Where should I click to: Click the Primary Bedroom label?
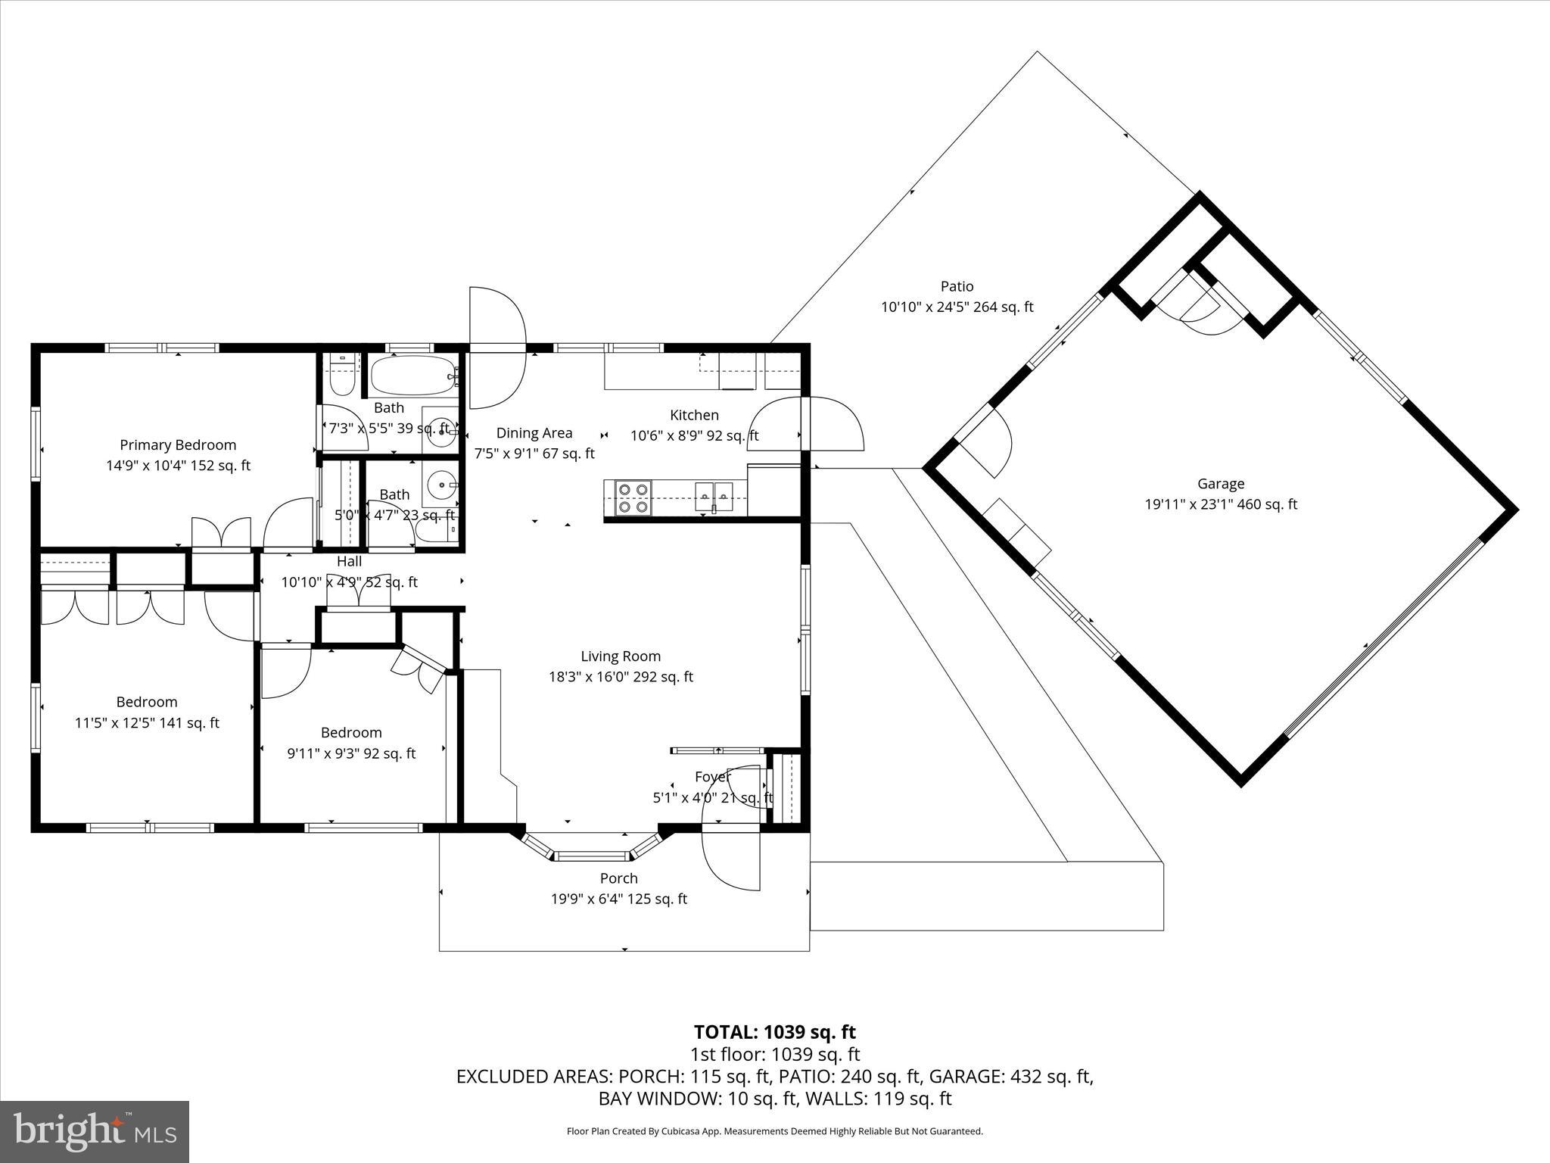(178, 445)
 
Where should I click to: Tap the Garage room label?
(1220, 484)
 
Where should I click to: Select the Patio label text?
(957, 287)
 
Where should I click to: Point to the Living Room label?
(621, 656)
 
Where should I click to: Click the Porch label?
(618, 878)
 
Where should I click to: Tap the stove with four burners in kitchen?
(633, 498)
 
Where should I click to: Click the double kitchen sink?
(714, 497)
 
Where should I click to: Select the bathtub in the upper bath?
(412, 376)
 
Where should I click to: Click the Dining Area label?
(534, 433)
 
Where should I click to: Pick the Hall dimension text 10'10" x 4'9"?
(349, 582)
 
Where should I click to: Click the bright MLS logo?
(95, 1131)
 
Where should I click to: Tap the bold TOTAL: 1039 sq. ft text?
(774, 1032)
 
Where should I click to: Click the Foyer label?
(712, 777)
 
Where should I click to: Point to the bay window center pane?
(593, 856)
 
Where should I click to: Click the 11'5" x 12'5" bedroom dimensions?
(147, 723)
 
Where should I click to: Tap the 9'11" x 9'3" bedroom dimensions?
(351, 753)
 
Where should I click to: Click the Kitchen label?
(694, 415)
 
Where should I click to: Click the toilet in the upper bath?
(341, 376)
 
